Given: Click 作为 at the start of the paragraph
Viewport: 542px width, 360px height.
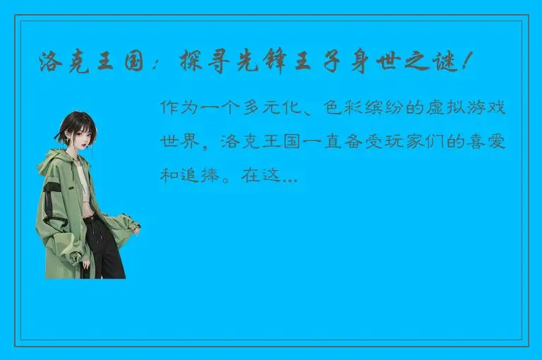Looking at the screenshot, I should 177,109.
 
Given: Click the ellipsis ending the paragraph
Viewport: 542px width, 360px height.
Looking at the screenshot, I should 289,179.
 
